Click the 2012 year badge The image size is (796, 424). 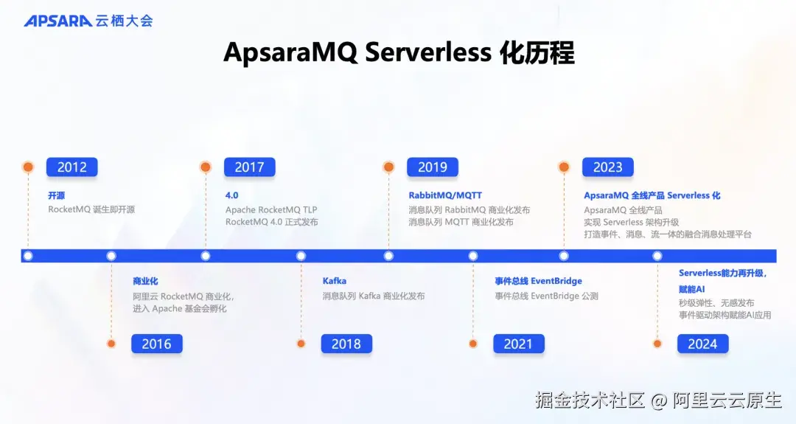click(x=71, y=167)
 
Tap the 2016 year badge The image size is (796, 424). click(x=156, y=344)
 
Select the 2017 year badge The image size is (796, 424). click(x=249, y=167)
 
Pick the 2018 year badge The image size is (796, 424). click(x=346, y=344)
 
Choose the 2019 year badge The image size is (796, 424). click(x=433, y=167)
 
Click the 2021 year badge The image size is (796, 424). click(x=518, y=344)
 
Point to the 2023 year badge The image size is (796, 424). click(x=607, y=167)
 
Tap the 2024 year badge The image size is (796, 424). click(x=702, y=344)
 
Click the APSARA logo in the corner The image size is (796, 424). click(x=88, y=21)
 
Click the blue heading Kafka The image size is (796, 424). click(x=335, y=281)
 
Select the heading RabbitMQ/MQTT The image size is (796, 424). click(x=445, y=195)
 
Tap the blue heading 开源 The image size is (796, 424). click(x=56, y=195)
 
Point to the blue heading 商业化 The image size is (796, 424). click(x=145, y=281)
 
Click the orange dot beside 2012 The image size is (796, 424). click(x=28, y=167)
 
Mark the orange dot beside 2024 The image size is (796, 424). click(x=657, y=344)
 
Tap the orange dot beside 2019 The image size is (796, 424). click(x=388, y=167)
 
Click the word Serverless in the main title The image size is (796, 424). click(x=428, y=52)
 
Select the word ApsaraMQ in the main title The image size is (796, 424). click(x=290, y=53)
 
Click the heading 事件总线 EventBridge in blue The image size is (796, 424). click(x=539, y=281)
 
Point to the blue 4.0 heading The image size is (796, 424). click(x=231, y=195)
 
